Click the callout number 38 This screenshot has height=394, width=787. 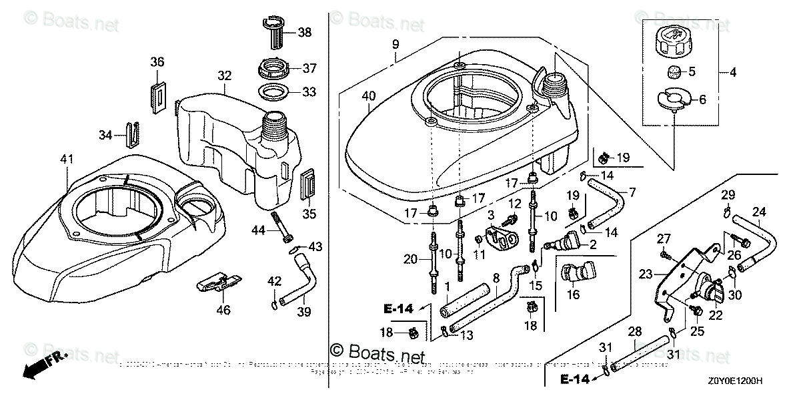[x=304, y=31]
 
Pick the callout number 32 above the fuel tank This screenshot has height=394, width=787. [x=224, y=75]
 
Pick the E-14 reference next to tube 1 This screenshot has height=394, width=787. [x=399, y=309]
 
